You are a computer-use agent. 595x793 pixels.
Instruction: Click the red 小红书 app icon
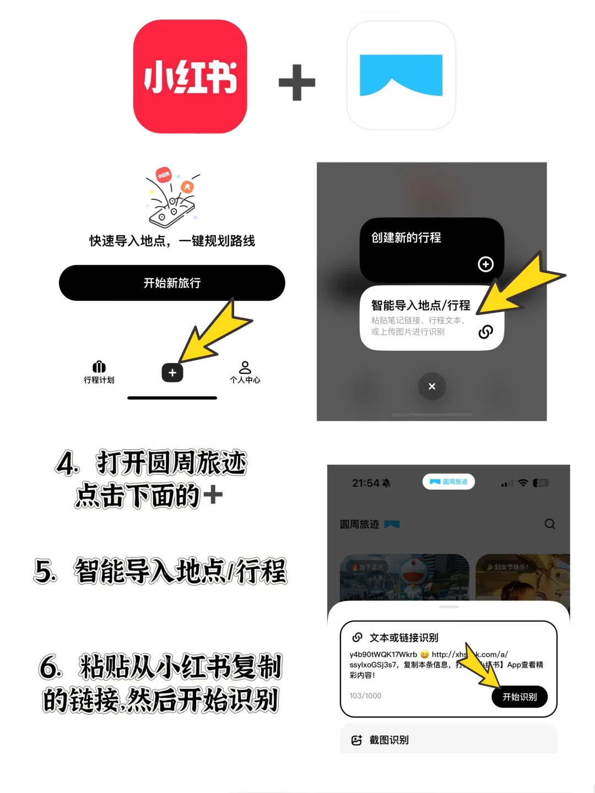190,77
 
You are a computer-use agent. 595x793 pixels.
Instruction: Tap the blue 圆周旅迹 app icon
401,75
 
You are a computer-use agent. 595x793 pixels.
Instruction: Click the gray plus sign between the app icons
297,83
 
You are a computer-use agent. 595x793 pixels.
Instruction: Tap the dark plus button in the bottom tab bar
172,373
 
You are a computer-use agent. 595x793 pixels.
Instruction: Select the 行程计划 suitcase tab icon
99,367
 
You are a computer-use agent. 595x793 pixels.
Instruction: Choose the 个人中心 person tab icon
245,368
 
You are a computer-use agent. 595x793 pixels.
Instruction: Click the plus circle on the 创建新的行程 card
485,264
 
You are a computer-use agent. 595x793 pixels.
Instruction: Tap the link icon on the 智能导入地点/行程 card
485,332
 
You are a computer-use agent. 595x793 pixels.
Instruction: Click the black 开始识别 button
519,697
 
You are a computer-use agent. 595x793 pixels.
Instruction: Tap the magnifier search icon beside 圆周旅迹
550,524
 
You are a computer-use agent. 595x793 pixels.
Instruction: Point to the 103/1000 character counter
365,696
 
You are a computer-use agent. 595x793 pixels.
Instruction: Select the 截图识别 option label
389,740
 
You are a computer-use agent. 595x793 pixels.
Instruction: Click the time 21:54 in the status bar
366,483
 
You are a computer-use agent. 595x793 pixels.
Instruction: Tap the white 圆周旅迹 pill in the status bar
448,482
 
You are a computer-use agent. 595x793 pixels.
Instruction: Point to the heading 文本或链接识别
404,638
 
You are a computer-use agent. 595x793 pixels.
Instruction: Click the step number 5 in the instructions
45,571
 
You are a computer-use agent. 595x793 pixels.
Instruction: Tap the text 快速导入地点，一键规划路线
172,241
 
